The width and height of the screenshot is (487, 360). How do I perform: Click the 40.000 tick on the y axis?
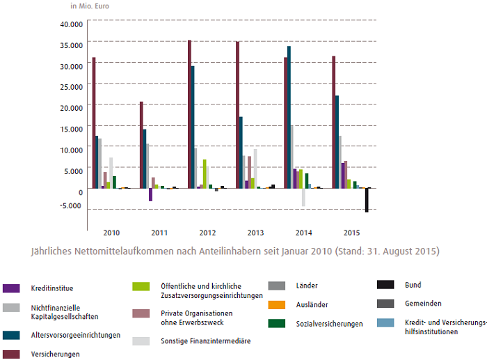click(x=72, y=24)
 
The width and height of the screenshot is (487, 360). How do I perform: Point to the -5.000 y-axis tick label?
click(x=72, y=205)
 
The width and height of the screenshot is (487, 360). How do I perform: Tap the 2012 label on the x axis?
click(x=207, y=232)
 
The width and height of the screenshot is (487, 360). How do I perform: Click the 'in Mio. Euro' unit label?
click(x=90, y=6)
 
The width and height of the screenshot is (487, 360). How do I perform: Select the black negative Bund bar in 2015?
click(x=367, y=200)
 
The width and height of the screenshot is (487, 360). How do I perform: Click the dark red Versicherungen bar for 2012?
click(x=189, y=114)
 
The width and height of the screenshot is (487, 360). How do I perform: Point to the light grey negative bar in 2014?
click(x=303, y=197)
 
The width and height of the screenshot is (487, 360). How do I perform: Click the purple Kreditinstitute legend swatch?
click(x=10, y=288)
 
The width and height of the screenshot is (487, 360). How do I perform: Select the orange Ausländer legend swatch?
click(x=275, y=304)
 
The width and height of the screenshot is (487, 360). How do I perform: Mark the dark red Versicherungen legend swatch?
click(x=10, y=354)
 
